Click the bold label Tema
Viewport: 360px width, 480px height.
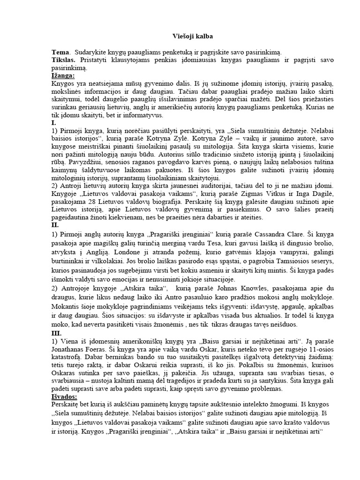[x=60, y=53]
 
